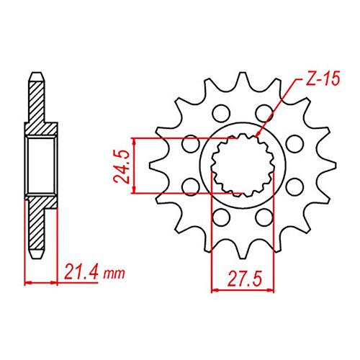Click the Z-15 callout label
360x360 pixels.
pyautogui.click(x=323, y=78)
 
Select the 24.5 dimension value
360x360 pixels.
pyautogui.click(x=122, y=167)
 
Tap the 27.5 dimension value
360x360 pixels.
pyautogui.click(x=245, y=279)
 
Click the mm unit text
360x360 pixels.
pyautogui.click(x=114, y=274)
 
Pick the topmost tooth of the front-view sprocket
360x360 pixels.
pyautogui.click(x=243, y=81)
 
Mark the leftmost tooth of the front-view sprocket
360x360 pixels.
pyautogui.click(x=158, y=166)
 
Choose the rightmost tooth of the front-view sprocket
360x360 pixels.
pyautogui.click(x=326, y=166)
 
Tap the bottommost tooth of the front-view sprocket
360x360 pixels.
pyautogui.click(x=243, y=250)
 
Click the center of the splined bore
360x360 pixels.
pyautogui.click(x=243, y=165)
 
